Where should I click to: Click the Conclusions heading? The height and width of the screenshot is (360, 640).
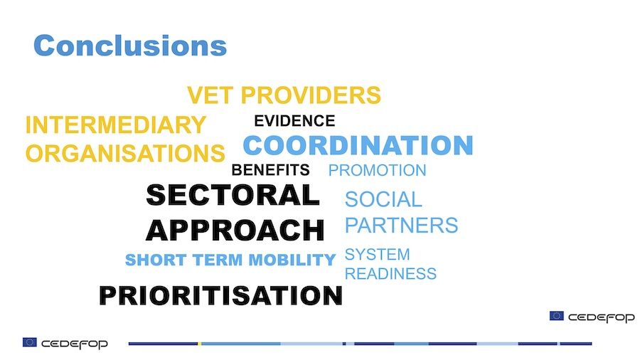(130, 46)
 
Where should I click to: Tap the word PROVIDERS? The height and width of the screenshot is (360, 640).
(311, 95)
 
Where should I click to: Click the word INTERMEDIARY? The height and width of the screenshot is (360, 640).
(115, 125)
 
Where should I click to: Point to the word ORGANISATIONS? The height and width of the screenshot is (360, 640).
(125, 153)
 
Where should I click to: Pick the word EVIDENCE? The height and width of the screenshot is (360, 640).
(294, 121)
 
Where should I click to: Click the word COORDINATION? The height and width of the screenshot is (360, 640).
(358, 145)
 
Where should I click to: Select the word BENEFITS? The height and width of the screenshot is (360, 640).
(270, 170)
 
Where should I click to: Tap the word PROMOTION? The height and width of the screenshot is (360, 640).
(377, 170)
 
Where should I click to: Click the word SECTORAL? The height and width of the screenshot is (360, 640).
(233, 195)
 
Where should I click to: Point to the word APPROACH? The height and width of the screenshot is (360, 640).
(235, 231)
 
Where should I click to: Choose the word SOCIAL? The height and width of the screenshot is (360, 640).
(383, 200)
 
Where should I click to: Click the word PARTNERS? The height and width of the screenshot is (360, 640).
(402, 225)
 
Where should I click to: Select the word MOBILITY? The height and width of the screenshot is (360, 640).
(292, 260)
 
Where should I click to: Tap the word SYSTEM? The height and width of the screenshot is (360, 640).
(377, 254)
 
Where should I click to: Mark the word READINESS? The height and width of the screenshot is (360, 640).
(390, 273)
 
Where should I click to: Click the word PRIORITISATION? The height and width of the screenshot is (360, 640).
(220, 295)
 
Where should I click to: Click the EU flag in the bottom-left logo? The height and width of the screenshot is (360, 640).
(30, 342)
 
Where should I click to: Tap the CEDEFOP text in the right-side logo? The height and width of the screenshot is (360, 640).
(602, 317)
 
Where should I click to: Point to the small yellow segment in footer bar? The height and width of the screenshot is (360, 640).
(200, 344)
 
